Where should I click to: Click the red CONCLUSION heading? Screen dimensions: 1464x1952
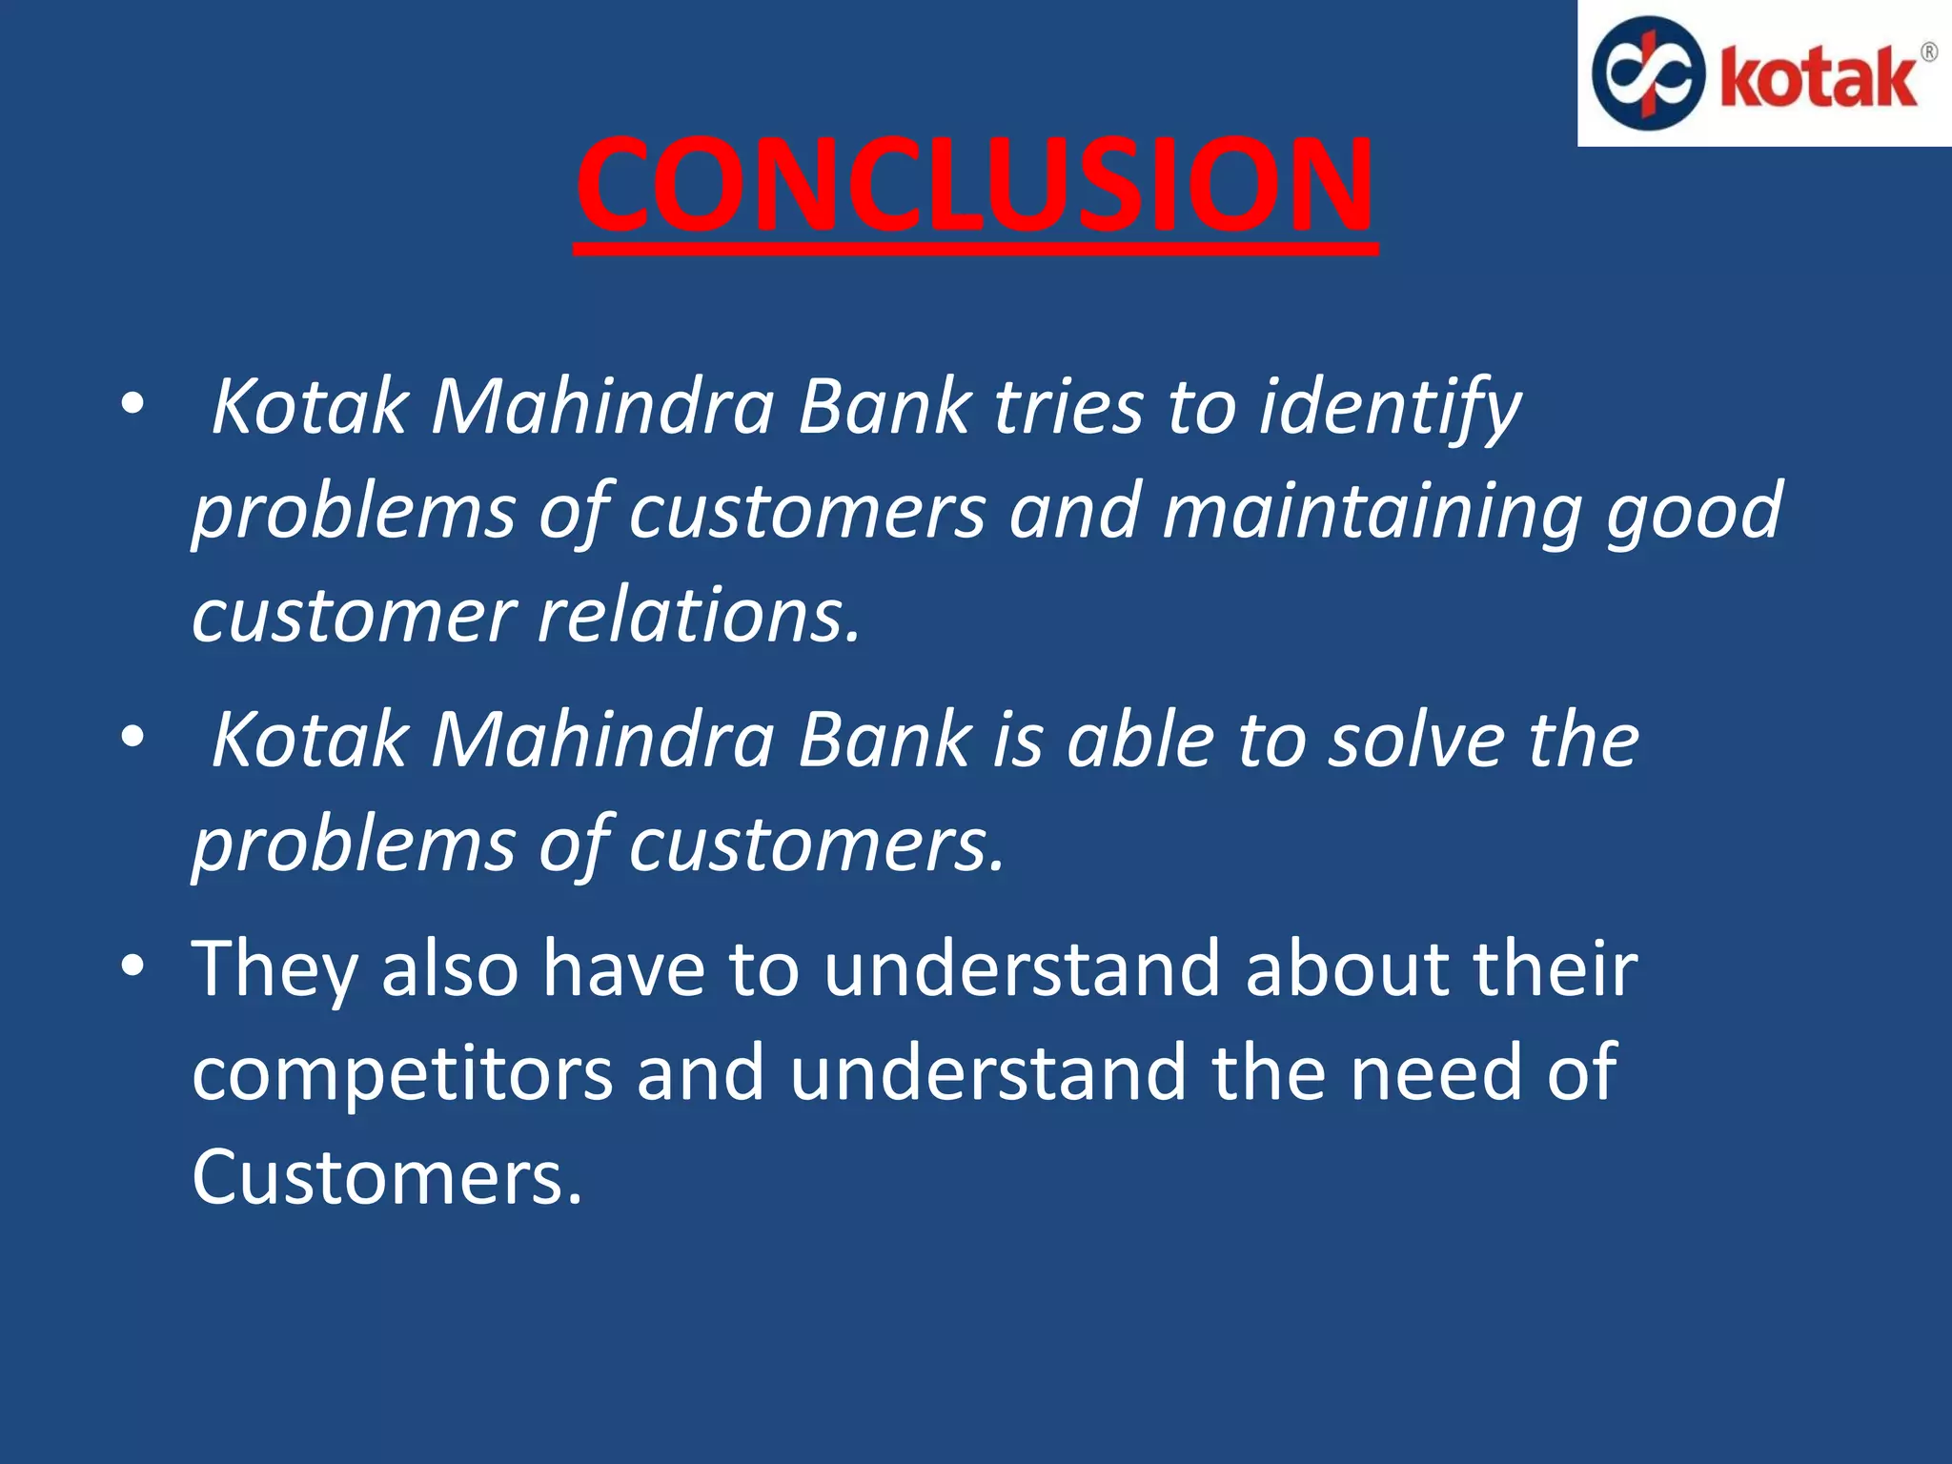pyautogui.click(x=974, y=184)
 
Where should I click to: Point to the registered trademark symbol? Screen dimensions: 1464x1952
pyautogui.click(x=1928, y=52)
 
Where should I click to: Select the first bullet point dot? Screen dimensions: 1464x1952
pyautogui.click(x=132, y=403)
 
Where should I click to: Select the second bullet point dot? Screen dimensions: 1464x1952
pyautogui.click(x=132, y=736)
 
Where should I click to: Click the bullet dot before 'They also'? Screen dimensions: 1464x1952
pyautogui.click(x=132, y=965)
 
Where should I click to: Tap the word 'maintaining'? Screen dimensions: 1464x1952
pyautogui.click(x=1372, y=513)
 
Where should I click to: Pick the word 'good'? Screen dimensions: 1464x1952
pyautogui.click(x=1694, y=513)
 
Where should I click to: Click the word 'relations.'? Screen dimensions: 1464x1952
pyautogui.click(x=700, y=616)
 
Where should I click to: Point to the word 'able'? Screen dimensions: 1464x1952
pyautogui.click(x=1140, y=741)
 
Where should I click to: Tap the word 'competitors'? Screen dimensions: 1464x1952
pyautogui.click(x=402, y=1073)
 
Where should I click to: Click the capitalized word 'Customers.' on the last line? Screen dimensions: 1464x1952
pyautogui.click(x=386, y=1178)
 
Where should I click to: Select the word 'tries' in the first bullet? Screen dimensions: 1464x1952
pyautogui.click(x=1068, y=408)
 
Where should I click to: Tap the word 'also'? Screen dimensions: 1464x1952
pyautogui.click(x=450, y=969)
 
